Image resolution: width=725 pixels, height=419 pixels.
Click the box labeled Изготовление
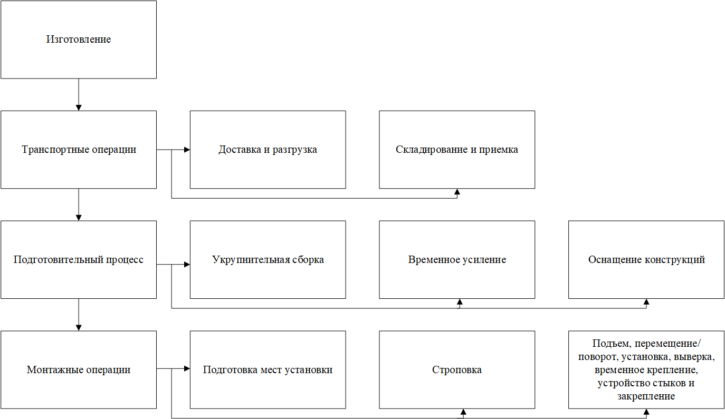pyautogui.click(x=79, y=40)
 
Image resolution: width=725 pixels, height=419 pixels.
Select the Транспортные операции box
pyautogui.click(x=79, y=150)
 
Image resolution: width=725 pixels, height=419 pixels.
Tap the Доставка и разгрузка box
pyautogui.click(x=268, y=150)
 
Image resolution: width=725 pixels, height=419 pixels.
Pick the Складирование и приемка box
pyautogui.click(x=457, y=150)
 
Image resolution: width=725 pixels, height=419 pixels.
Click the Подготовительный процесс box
pyautogui.click(x=79, y=260)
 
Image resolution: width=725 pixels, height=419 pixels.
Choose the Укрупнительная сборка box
pyautogui.click(x=268, y=260)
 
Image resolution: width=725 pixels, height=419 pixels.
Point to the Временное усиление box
pyautogui.click(x=457, y=260)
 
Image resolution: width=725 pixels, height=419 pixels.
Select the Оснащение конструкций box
pyautogui.click(x=646, y=260)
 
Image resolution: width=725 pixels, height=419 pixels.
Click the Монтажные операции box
pyautogui.click(x=79, y=369)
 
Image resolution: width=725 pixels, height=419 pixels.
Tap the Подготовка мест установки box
pyautogui.click(x=268, y=369)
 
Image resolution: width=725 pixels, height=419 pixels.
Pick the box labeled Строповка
pyautogui.click(x=457, y=369)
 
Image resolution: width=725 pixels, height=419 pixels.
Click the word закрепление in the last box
pyautogui.click(x=646, y=396)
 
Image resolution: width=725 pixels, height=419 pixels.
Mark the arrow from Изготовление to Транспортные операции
pyautogui.click(x=79, y=94)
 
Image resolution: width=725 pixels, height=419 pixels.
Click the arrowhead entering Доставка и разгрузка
pyautogui.click(x=187, y=150)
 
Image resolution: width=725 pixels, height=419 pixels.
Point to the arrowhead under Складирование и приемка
pyautogui.click(x=457, y=192)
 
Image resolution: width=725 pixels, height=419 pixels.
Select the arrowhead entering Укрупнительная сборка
pyautogui.click(x=187, y=264)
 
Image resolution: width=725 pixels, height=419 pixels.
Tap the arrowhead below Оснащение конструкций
pyautogui.click(x=646, y=302)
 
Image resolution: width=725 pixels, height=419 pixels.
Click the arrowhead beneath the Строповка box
pyautogui.click(x=463, y=412)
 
